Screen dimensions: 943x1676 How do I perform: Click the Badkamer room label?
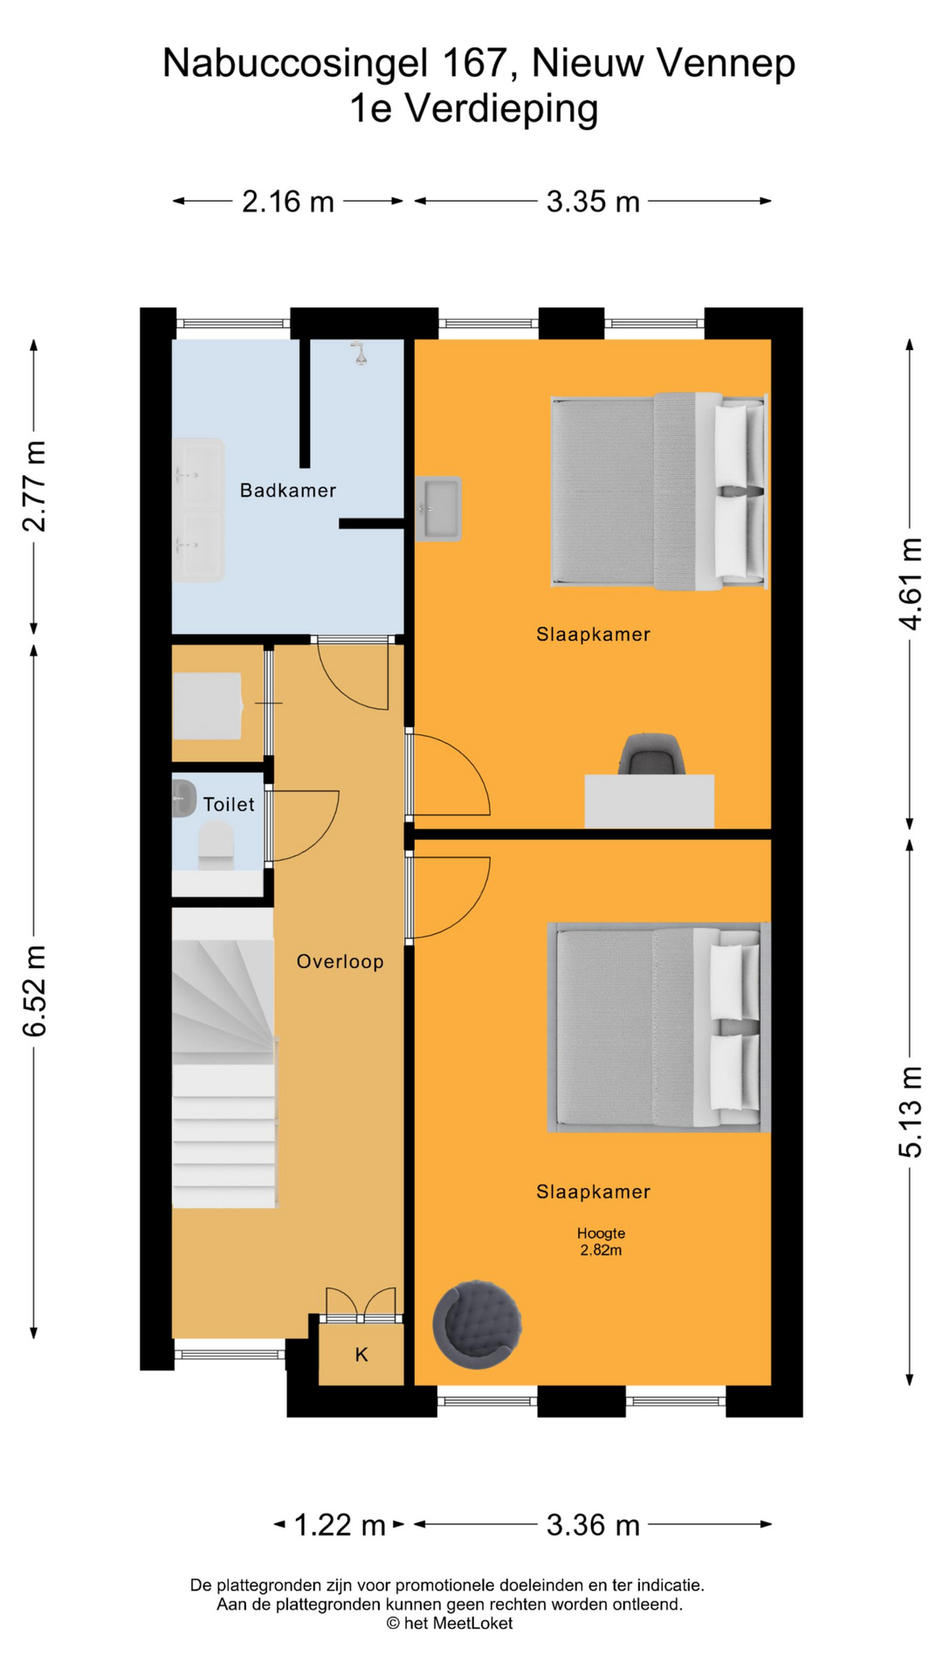point(288,491)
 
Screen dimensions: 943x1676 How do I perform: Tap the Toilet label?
point(229,804)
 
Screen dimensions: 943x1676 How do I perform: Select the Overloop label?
point(340,962)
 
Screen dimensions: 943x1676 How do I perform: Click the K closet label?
point(361,1355)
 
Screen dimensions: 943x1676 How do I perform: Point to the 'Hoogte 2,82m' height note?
point(601,1241)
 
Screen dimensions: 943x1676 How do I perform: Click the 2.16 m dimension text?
point(288,202)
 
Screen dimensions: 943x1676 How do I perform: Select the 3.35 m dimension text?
point(593,202)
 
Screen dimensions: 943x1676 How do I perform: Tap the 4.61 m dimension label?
point(910,583)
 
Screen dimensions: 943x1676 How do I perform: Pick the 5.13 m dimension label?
point(910,1112)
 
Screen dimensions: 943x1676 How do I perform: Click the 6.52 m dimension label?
point(34,991)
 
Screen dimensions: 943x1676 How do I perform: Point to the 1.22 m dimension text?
point(340,1525)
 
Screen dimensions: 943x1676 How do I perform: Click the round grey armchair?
point(477,1324)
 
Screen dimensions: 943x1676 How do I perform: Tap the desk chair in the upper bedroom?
point(651,753)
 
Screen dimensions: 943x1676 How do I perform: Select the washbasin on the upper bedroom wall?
point(437,509)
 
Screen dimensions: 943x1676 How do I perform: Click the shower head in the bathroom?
point(359,353)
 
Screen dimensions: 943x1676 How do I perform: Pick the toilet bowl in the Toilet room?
point(216,844)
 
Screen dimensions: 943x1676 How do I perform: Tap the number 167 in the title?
point(474,63)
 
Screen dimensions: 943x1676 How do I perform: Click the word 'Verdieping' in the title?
point(501,109)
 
